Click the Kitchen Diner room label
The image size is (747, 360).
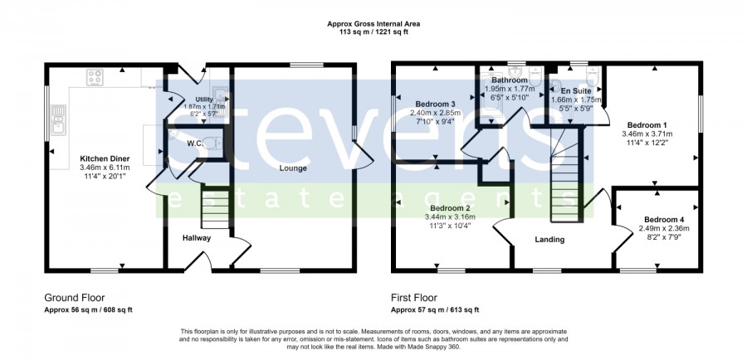[105, 158]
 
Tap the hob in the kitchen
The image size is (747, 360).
[95, 77]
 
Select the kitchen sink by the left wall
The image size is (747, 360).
[59, 119]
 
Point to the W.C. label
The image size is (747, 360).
[182, 142]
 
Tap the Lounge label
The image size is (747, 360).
[293, 168]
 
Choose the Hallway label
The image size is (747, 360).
[196, 238]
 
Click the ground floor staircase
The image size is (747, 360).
[215, 207]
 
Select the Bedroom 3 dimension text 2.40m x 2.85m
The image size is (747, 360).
[436, 113]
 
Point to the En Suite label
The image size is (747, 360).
[575, 90]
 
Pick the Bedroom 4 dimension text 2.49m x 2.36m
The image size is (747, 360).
[664, 228]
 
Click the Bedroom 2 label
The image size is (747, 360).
[450, 208]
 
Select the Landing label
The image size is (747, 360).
[550, 240]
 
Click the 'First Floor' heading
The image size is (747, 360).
[414, 298]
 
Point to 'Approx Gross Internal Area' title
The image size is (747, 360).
[373, 23]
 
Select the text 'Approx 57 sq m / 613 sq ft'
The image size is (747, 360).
[435, 310]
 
